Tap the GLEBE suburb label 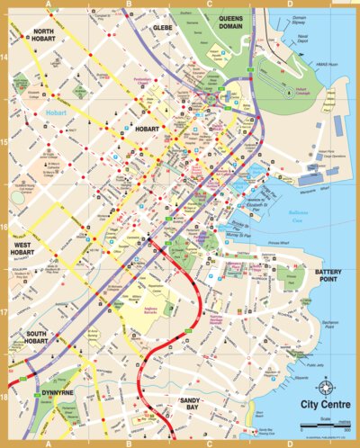click(163, 28)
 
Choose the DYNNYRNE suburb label click(58, 394)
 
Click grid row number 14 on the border click(5, 57)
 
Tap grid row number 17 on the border click(5, 312)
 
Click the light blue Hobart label click(56, 112)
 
